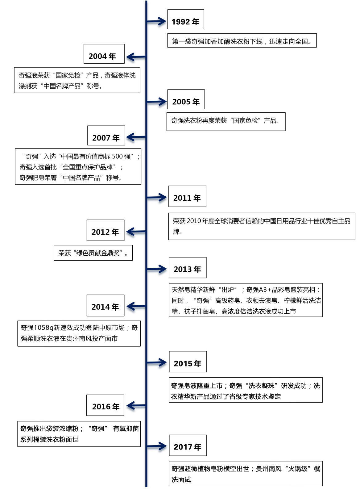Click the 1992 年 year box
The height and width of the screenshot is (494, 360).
185,19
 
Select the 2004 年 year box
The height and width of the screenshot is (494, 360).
104,54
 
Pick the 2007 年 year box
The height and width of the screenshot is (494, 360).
106,136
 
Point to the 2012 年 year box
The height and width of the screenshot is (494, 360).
105,230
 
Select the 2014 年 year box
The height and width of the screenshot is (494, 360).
105,305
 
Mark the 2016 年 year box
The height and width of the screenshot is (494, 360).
105,405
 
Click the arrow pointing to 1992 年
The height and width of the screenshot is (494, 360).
156,21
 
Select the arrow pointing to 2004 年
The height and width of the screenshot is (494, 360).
136,57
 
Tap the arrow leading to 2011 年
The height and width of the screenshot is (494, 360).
157,197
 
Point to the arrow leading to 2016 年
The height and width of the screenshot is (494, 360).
136,405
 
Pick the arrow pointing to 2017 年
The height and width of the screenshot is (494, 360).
157,446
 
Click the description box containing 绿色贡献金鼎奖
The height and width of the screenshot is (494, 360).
93,253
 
